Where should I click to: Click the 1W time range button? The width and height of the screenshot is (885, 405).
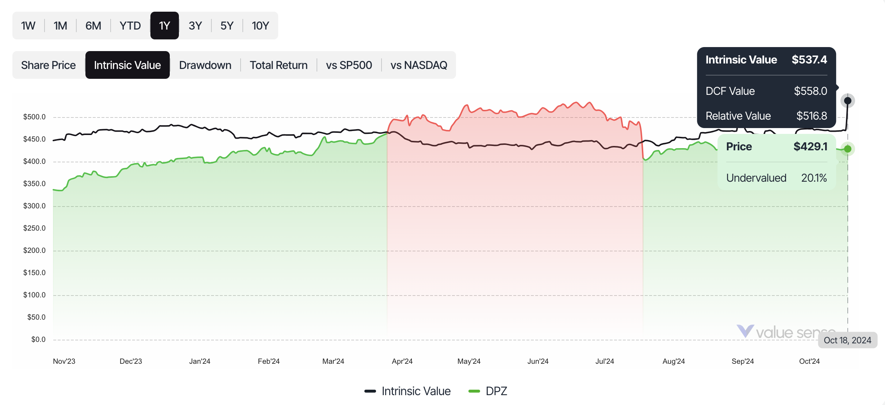point(28,26)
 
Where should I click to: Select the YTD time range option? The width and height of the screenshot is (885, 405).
point(130,26)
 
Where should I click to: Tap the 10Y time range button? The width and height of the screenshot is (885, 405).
point(260,26)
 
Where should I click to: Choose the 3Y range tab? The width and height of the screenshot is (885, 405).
point(195,26)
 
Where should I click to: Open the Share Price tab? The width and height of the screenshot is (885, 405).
point(49,65)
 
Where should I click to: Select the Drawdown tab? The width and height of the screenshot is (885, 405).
point(205,65)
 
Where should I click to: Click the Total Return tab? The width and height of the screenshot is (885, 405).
point(279,65)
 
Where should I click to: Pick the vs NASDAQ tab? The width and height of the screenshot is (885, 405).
point(419,65)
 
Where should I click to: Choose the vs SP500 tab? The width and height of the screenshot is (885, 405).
point(349,65)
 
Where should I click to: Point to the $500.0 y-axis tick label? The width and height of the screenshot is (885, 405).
point(34,117)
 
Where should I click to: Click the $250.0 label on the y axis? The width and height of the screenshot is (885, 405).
point(34,228)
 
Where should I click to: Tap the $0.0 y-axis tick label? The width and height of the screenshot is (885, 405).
point(38,339)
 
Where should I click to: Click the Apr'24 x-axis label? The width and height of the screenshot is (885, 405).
point(402,361)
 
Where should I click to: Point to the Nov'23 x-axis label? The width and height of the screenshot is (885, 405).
point(64,361)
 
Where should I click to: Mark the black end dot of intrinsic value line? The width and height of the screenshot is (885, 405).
point(848,100)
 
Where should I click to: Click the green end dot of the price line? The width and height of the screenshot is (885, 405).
point(848,149)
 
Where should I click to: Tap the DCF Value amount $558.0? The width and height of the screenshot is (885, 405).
point(811,91)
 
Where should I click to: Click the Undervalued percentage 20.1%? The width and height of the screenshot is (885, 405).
point(814,178)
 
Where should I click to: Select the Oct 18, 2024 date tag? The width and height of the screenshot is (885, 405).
point(847,340)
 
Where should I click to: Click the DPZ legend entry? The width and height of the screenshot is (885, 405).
point(488,391)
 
